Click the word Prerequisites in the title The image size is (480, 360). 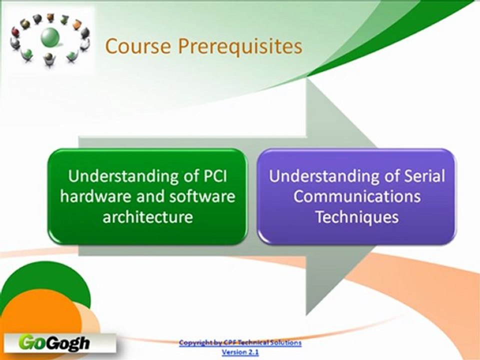click(x=240, y=46)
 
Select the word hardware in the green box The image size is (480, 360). click(x=93, y=196)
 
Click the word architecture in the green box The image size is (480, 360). click(x=147, y=217)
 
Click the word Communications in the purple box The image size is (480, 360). click(x=356, y=196)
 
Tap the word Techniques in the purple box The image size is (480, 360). click(x=356, y=217)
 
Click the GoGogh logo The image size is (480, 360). click(x=54, y=343)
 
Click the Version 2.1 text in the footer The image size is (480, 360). click(x=240, y=352)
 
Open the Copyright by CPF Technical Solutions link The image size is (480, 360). click(x=240, y=342)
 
